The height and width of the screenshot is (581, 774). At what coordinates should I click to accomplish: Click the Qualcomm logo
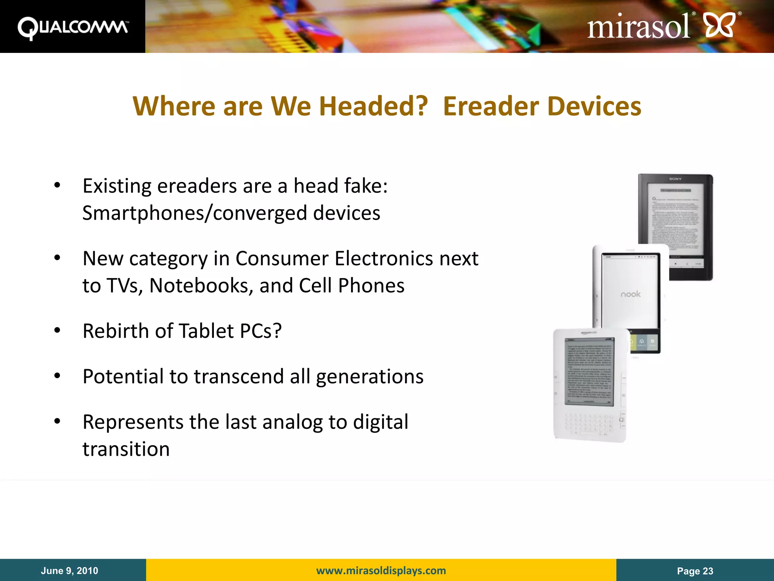pyautogui.click(x=73, y=28)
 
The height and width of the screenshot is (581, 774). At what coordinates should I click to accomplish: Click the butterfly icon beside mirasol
pyautogui.click(x=720, y=25)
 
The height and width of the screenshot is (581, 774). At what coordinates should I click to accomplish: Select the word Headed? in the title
pyautogui.click(x=373, y=106)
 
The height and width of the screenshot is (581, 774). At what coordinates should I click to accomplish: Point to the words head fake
pyautogui.click(x=340, y=186)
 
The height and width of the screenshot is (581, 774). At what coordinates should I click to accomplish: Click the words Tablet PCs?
pyautogui.click(x=230, y=331)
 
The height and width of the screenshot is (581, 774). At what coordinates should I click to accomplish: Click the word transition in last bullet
pyautogui.click(x=126, y=449)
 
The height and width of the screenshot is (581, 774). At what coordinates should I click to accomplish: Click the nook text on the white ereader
pyautogui.click(x=630, y=294)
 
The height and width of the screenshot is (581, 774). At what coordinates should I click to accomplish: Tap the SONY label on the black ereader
pyautogui.click(x=675, y=179)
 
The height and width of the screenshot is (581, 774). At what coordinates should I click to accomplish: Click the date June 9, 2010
pyautogui.click(x=70, y=571)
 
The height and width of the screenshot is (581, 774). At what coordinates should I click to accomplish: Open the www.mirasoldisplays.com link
pyautogui.click(x=381, y=570)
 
